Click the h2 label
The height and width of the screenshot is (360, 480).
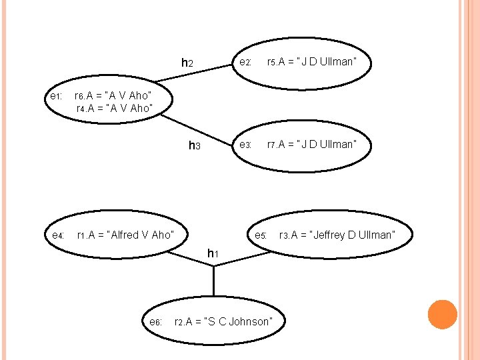pos(187,63)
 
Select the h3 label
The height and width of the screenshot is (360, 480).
pos(194,145)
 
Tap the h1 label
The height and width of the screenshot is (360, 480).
pos(213,253)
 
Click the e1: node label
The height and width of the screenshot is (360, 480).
pos(56,97)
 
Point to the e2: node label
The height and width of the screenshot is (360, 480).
pos(245,63)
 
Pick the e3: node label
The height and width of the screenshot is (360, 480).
pos(245,145)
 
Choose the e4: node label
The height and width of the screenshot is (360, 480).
pos(58,235)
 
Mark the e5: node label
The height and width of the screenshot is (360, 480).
pos(261,235)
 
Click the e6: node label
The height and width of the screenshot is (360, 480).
pos(156,322)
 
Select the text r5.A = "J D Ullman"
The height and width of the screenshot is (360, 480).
pos(311,63)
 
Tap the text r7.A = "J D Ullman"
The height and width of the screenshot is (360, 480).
pos(311,145)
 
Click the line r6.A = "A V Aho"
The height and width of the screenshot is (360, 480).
pos(113,96)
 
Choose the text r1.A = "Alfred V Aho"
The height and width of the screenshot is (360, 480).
pos(126,235)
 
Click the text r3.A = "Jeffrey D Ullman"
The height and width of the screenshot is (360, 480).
pos(337,235)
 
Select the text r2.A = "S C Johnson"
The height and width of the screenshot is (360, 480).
pos(223,322)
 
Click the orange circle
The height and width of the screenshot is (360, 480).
pos(442,315)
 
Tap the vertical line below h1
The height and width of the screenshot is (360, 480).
pos(213,280)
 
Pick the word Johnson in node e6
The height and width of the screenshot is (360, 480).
pos(250,322)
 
